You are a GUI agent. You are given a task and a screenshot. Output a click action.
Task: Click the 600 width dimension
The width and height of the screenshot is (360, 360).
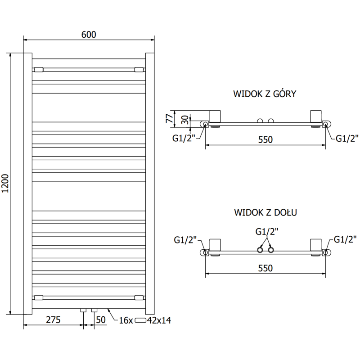pyautogui.click(x=89, y=35)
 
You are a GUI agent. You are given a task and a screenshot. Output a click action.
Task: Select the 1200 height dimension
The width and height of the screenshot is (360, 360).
pyautogui.click(x=5, y=183)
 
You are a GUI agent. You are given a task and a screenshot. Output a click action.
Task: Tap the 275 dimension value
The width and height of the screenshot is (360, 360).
pyautogui.click(x=53, y=320)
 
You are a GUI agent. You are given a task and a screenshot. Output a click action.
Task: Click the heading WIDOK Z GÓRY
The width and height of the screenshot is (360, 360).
pyautogui.click(x=264, y=94)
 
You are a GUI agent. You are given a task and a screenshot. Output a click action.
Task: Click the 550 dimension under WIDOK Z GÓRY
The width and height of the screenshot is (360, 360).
pyautogui.click(x=265, y=140)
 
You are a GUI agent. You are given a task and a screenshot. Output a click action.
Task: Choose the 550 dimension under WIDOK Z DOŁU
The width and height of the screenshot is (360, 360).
pyautogui.click(x=265, y=268)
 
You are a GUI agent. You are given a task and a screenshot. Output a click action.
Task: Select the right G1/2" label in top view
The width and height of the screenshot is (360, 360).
pyautogui.click(x=347, y=138)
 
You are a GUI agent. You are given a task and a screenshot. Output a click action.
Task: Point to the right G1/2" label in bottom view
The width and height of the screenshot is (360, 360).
pyautogui.click(x=345, y=240)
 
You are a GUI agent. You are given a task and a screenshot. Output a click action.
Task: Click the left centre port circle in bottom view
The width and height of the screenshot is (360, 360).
pyautogui.click(x=260, y=250)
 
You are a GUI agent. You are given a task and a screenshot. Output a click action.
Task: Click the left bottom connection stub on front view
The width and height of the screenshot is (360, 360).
pyautogui.click(x=83, y=310)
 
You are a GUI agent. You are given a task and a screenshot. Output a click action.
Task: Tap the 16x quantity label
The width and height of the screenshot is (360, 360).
pyautogui.click(x=126, y=320)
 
